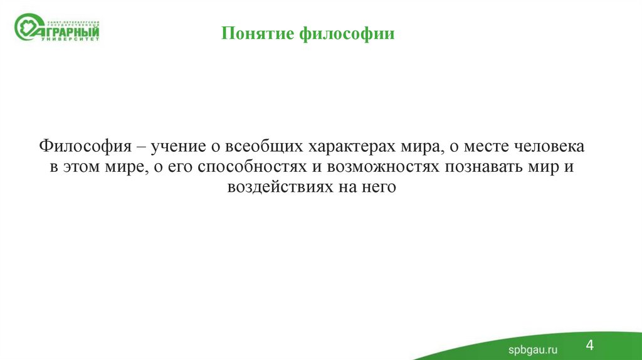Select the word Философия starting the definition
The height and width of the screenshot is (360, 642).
pos(85,147)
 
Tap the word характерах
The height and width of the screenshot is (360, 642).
pos(347,147)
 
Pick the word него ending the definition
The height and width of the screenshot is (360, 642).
pos(378,188)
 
